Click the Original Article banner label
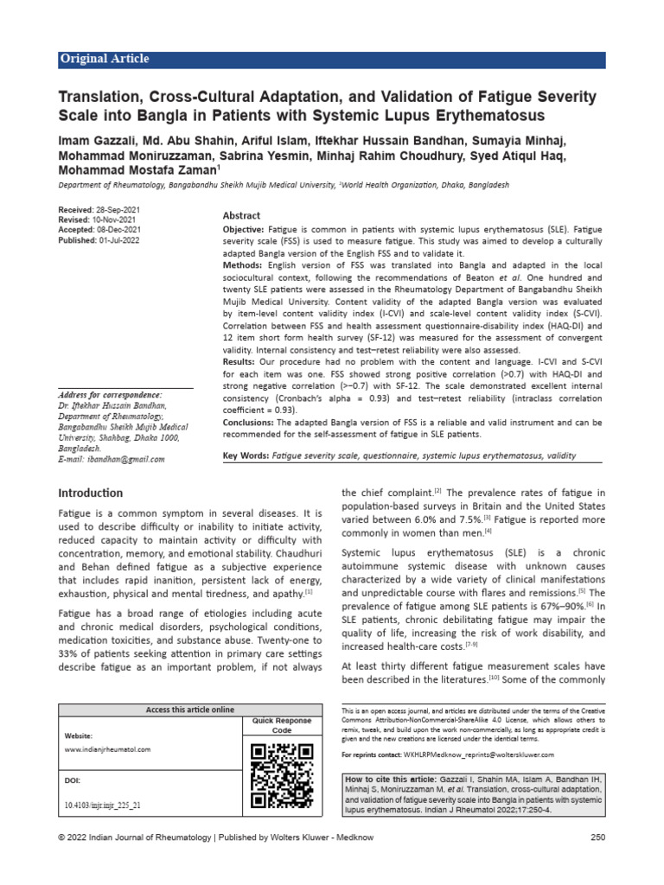click(x=104, y=59)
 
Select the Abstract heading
click(x=242, y=216)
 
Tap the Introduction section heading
click(x=90, y=493)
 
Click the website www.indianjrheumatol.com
click(x=108, y=749)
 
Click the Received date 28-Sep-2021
click(x=118, y=211)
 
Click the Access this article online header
click(x=189, y=710)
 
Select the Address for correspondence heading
click(x=112, y=394)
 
